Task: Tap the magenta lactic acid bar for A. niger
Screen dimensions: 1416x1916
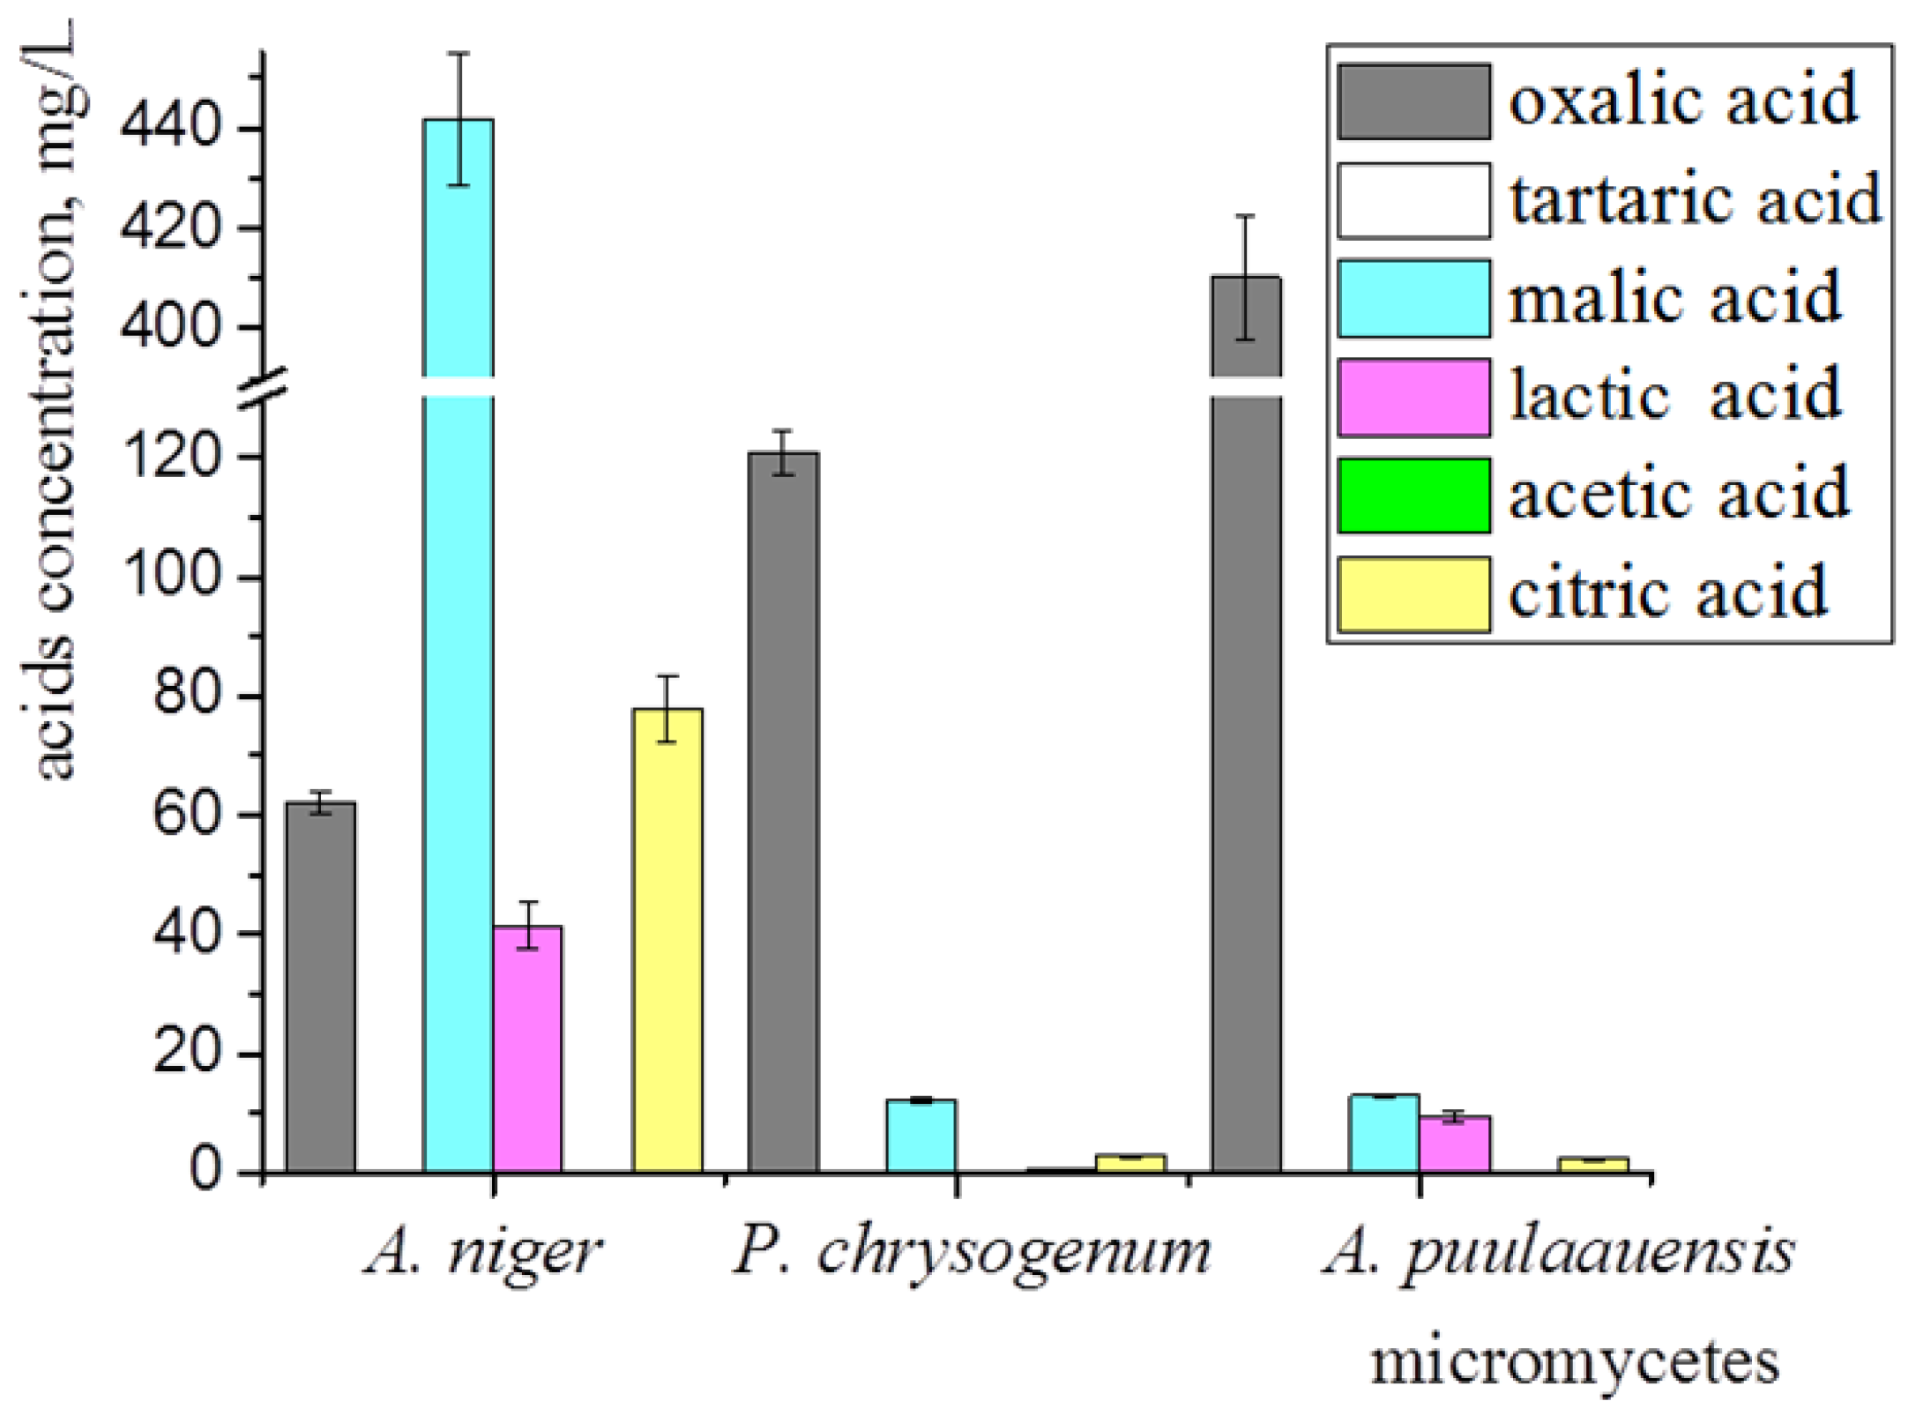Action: pos(527,1049)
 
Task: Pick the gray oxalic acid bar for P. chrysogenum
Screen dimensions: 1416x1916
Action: pos(784,811)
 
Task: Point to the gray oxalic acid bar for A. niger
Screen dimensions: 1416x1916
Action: pos(320,987)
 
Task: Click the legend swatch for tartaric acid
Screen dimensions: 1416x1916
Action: pos(1413,200)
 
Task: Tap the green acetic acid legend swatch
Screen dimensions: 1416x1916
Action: pos(1413,496)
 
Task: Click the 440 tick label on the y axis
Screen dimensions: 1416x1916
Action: pos(168,129)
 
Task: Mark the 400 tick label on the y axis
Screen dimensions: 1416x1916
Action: pos(168,328)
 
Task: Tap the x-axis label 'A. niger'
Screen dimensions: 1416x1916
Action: pos(483,1252)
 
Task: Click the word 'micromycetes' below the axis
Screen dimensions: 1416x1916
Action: pos(1574,1362)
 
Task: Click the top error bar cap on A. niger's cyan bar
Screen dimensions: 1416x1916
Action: pos(458,54)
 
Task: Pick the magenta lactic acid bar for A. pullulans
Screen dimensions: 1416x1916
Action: pos(1455,1144)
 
